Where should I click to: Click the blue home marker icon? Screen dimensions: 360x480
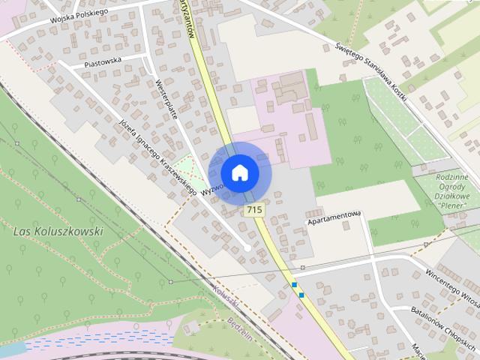pyautogui.click(x=240, y=172)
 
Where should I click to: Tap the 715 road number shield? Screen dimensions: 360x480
pyautogui.click(x=253, y=211)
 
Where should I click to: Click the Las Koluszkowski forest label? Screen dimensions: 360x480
pyautogui.click(x=58, y=232)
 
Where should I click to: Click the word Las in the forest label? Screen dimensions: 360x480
pyautogui.click(x=22, y=232)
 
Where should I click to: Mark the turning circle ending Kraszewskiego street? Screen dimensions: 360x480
pyautogui.click(x=247, y=247)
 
